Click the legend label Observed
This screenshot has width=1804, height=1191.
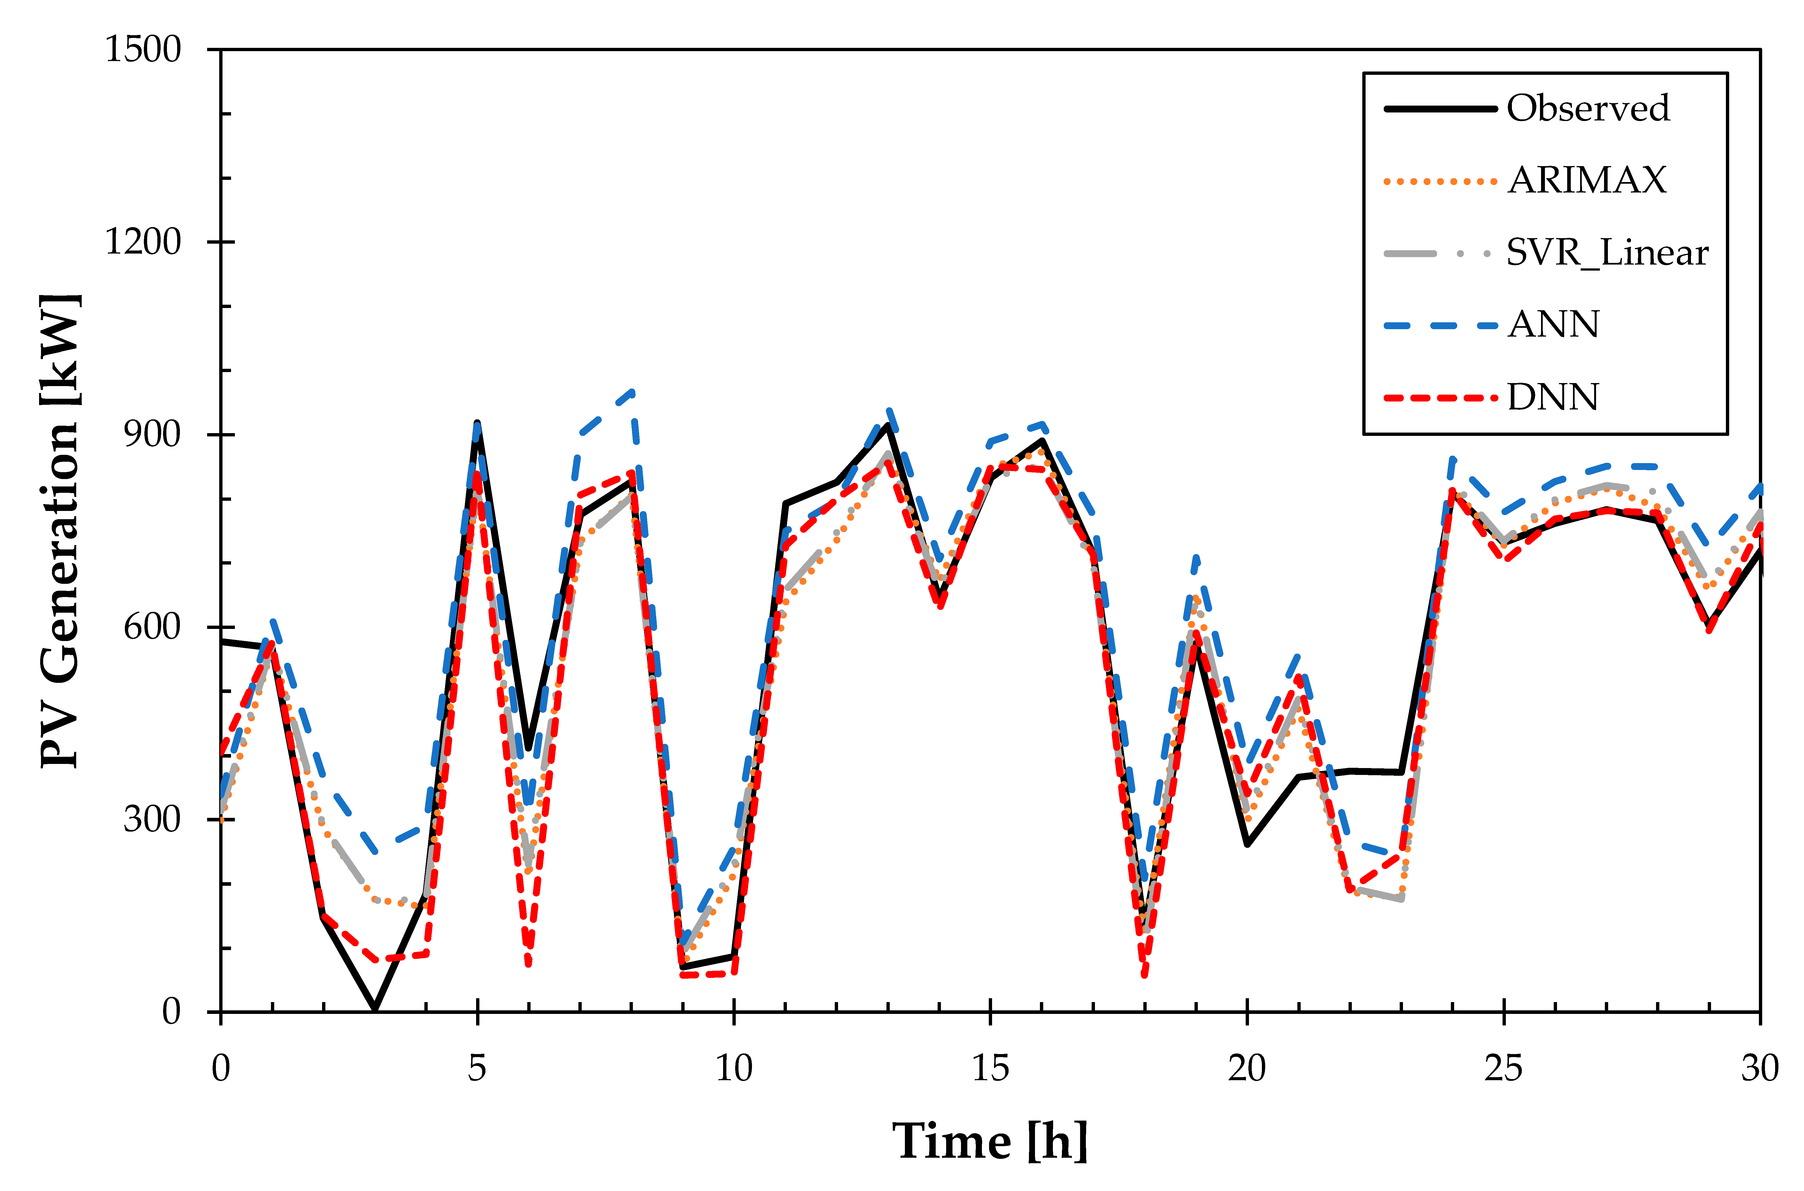1588,109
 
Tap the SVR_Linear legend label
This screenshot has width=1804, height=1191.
1607,253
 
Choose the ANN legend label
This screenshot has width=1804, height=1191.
1553,325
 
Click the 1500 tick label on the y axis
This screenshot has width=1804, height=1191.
143,50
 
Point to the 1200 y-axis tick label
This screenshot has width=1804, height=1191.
143,242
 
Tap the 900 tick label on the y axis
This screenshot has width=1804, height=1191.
152,434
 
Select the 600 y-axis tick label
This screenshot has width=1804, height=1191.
152,628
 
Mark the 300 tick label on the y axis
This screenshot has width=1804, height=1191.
152,819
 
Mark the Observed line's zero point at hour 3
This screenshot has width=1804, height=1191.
375,1009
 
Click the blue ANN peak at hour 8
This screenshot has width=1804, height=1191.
632,392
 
